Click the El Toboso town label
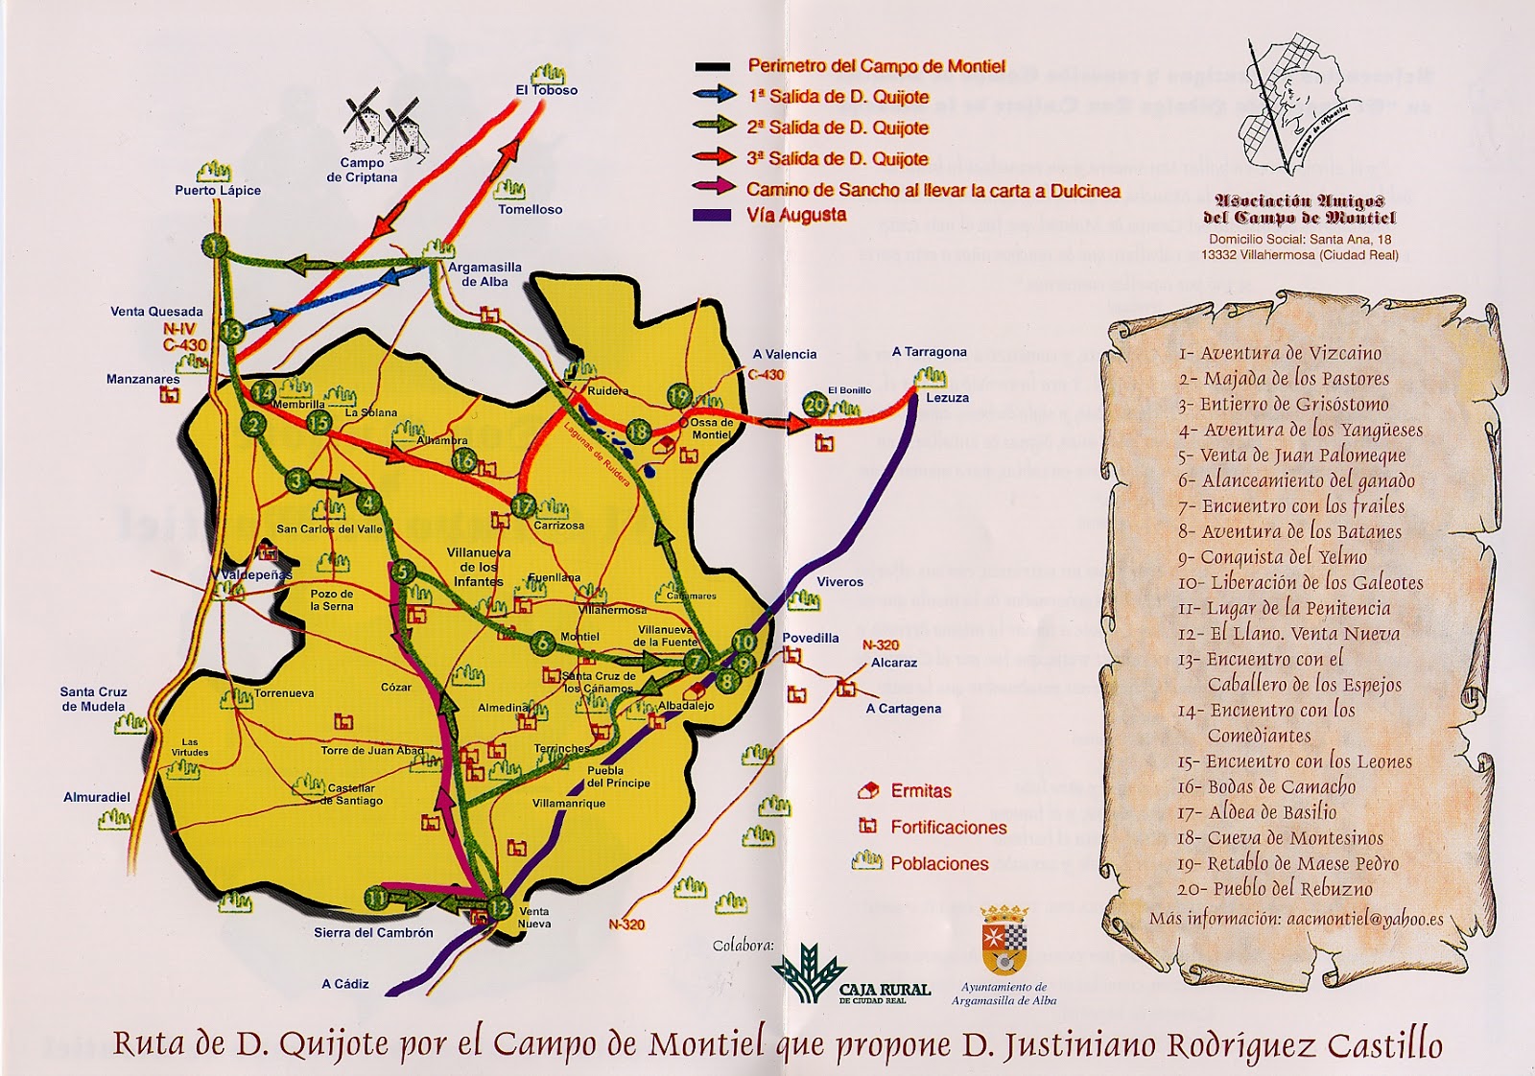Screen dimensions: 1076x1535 (x=546, y=90)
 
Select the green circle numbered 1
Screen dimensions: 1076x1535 (x=214, y=246)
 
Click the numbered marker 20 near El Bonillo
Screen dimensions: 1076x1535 (x=815, y=405)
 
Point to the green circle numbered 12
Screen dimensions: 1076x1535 (x=500, y=907)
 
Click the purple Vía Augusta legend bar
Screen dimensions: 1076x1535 (x=712, y=216)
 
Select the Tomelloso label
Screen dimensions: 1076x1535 (x=530, y=209)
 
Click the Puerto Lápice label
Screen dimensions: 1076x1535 (x=218, y=190)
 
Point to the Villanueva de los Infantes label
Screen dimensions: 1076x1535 (x=479, y=567)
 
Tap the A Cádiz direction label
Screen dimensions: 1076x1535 (x=344, y=984)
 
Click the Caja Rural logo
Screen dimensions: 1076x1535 (x=850, y=974)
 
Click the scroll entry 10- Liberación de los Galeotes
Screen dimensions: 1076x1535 (x=1300, y=582)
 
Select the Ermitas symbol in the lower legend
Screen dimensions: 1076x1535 (x=868, y=791)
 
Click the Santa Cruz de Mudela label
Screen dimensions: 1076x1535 (x=93, y=699)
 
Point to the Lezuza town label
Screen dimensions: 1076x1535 (x=947, y=397)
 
